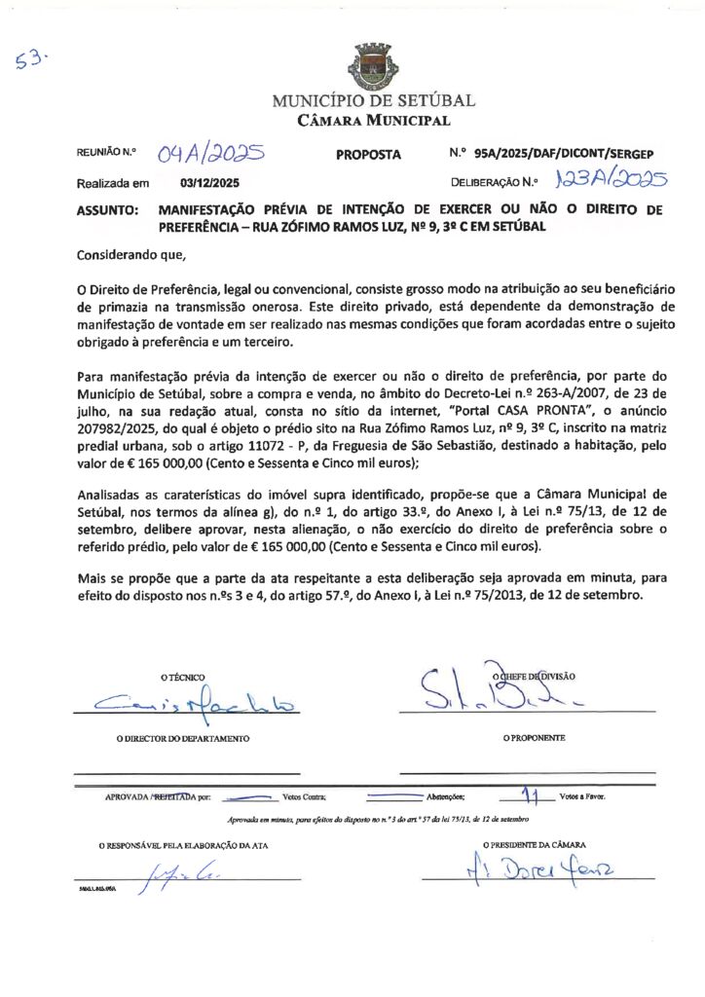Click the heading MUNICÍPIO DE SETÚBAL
click(x=374, y=100)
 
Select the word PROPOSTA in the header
click(x=368, y=154)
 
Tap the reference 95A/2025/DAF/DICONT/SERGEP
click(x=564, y=154)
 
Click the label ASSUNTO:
click(x=107, y=209)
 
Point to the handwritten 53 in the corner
click(x=32, y=59)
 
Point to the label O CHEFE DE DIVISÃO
click(x=536, y=676)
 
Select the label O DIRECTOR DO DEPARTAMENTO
click(x=183, y=739)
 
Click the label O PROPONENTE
click(x=535, y=739)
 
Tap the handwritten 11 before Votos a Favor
click(x=530, y=794)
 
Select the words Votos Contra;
click(x=304, y=797)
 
